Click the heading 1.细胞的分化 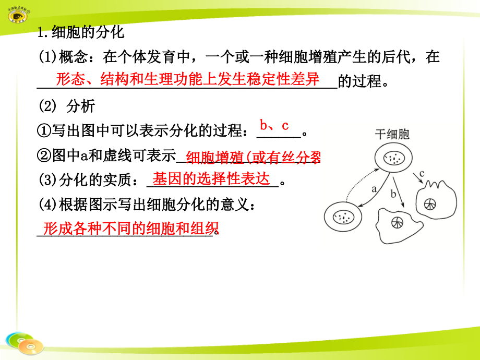coord(81,33)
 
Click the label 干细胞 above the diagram coord(392,134)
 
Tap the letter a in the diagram coord(374,189)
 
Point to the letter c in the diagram coord(422,173)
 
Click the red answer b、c coord(274,125)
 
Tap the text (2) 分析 coord(67,106)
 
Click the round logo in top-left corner coord(20,14)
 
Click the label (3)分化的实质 coord(88,181)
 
